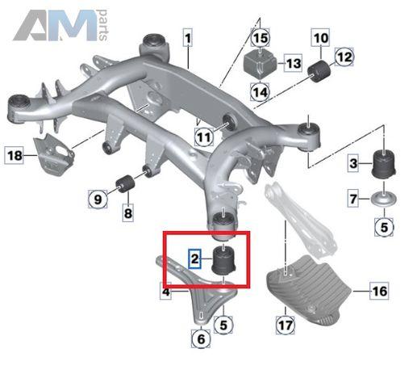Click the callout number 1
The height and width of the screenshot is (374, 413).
[188, 38]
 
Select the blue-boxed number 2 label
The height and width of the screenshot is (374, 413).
[194, 258]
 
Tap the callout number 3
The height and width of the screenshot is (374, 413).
[353, 163]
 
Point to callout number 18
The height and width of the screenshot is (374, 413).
[15, 155]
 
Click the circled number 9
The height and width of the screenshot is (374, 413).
[98, 200]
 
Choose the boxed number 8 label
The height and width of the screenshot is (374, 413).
[127, 213]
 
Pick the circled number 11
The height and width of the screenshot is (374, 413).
[204, 137]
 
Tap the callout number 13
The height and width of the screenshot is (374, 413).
[294, 64]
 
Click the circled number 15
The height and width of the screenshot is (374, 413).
[260, 38]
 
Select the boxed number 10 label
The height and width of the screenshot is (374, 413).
[321, 38]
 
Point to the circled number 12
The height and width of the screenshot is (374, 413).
[344, 57]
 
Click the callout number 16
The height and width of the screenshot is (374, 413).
[379, 291]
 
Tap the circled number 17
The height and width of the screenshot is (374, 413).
[286, 325]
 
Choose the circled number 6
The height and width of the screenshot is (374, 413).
[201, 338]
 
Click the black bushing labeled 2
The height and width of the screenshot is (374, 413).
[224, 259]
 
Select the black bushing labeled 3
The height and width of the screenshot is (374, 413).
[384, 164]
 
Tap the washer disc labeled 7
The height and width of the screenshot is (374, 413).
[384, 200]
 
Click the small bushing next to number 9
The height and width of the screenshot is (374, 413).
[125, 183]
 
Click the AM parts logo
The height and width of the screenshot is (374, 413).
[60, 25]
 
